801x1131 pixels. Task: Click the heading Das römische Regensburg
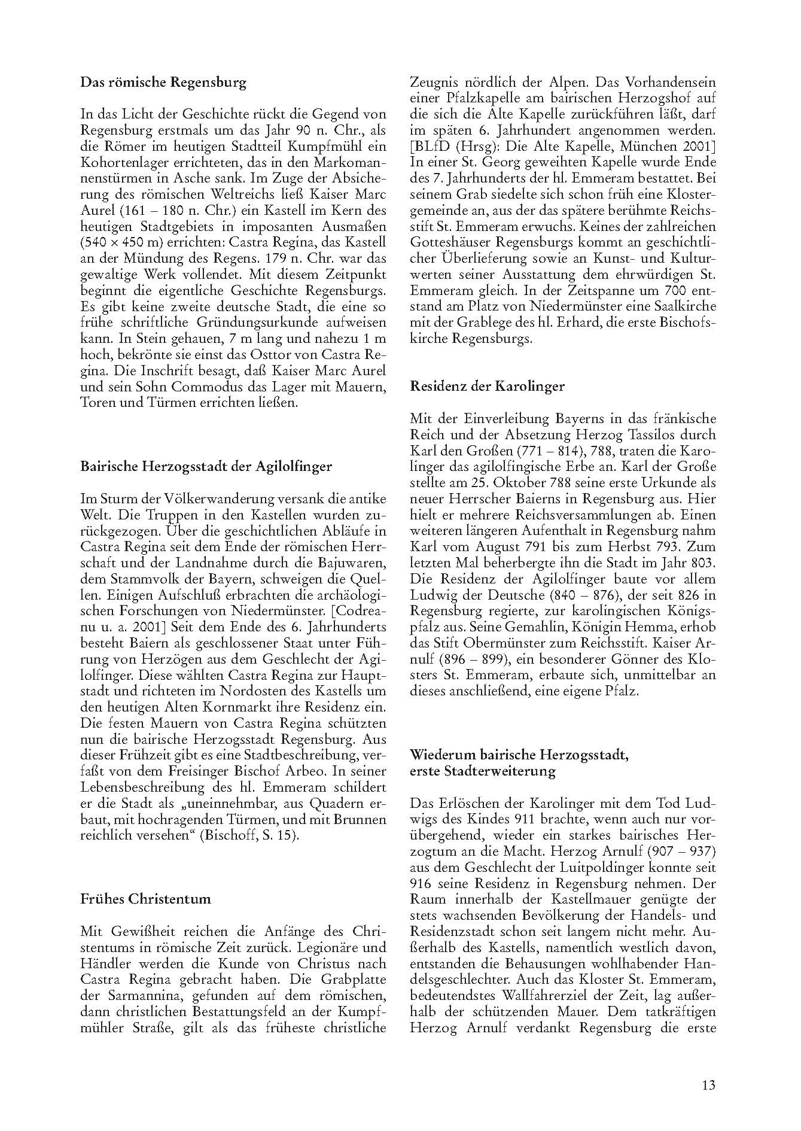click(163, 83)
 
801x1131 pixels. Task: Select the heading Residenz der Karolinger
click(487, 386)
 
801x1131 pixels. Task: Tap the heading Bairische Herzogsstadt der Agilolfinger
click(206, 466)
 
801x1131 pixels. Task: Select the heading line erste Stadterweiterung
click(482, 771)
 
